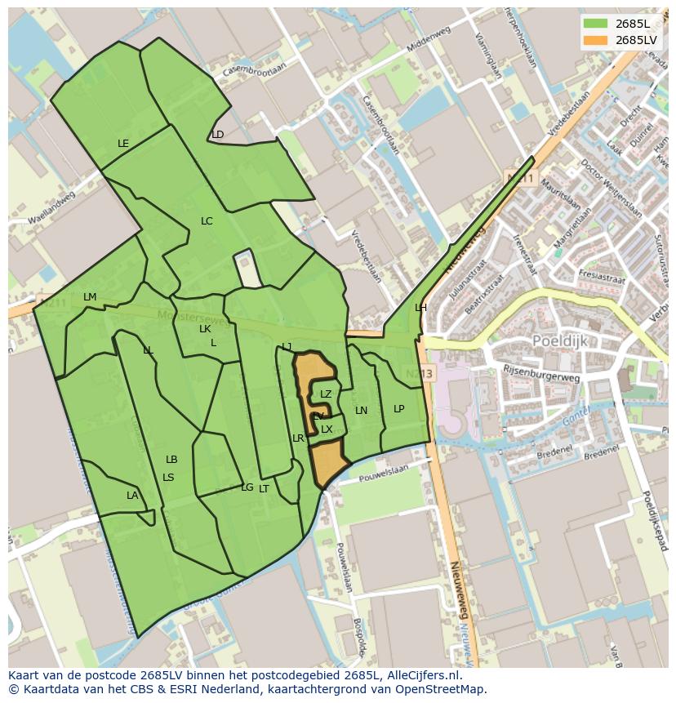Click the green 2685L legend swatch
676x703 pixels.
(596, 23)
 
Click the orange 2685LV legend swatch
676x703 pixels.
(596, 40)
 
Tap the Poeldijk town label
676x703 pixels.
(560, 340)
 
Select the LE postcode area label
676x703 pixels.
(123, 144)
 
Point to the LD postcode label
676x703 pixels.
(218, 135)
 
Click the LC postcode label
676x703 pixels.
(207, 221)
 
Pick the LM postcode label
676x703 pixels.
(90, 297)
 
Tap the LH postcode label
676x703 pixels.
(420, 308)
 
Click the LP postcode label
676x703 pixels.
(398, 409)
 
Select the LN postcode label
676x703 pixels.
(361, 411)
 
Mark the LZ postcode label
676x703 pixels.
(326, 394)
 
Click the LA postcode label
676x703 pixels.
(132, 496)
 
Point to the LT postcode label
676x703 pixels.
(264, 489)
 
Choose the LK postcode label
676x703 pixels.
(205, 329)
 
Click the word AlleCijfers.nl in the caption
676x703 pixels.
(421, 675)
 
